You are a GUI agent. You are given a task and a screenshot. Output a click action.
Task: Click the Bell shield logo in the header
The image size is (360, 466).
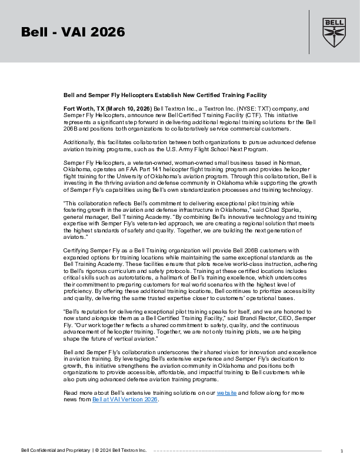pos(333,32)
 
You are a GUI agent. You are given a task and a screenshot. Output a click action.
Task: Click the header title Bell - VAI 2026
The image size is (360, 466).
pos(73,32)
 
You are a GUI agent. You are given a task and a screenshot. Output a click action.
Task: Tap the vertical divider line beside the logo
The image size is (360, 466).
pos(309,32)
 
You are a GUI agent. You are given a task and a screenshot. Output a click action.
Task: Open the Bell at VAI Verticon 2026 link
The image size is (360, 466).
pos(125,399)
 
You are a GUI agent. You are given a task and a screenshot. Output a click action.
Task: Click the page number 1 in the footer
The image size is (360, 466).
pos(342,451)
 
